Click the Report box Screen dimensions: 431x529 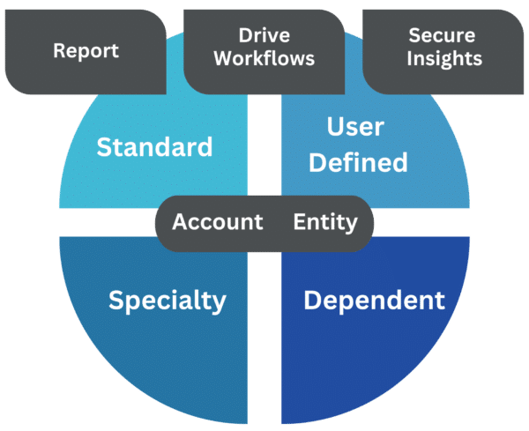(x=86, y=50)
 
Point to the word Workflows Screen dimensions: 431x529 (x=264, y=60)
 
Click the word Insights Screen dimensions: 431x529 (x=444, y=60)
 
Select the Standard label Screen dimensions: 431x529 (x=154, y=146)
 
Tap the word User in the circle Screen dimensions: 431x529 (x=355, y=128)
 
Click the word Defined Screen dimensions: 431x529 (x=358, y=162)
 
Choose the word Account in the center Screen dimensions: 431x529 (x=218, y=221)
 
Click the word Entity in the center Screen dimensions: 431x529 (x=325, y=221)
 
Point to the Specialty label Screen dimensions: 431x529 (x=168, y=301)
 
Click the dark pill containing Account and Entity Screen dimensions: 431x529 (x=265, y=222)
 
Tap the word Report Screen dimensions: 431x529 (x=86, y=50)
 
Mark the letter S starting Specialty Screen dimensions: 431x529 (x=115, y=301)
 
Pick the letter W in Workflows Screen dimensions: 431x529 (x=223, y=60)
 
